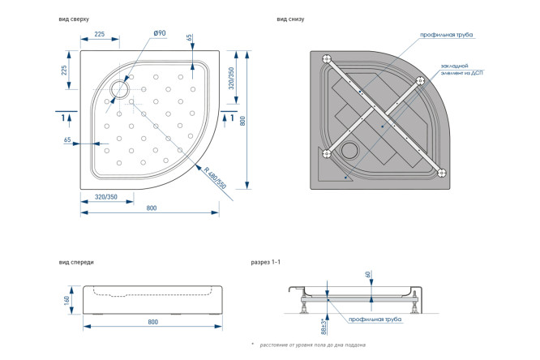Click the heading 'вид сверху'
click(x=75, y=18)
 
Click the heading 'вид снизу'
click(x=290, y=18)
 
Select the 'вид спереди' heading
click(x=77, y=263)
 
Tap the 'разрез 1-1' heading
click(x=265, y=263)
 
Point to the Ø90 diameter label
click(x=159, y=33)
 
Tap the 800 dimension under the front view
click(x=152, y=322)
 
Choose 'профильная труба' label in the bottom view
click(x=447, y=35)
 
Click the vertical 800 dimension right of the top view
click(x=242, y=120)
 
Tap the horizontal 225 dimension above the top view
click(x=100, y=34)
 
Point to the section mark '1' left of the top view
click(x=64, y=118)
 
